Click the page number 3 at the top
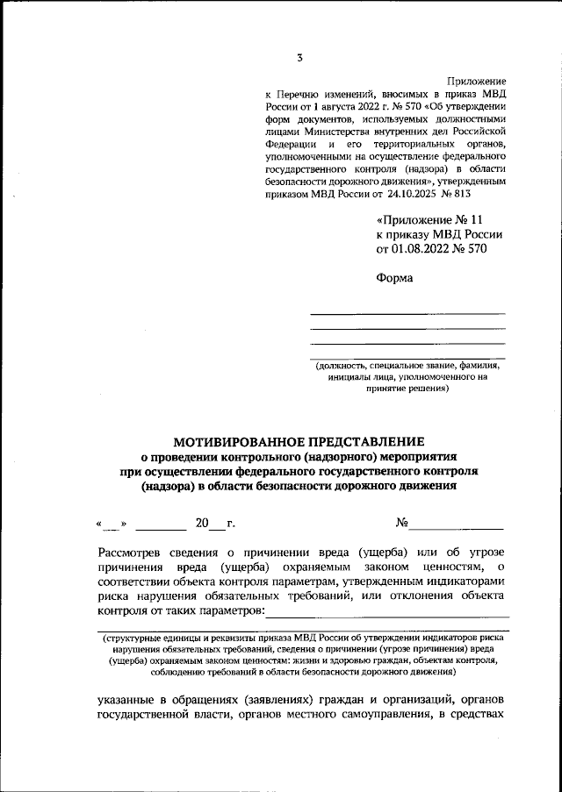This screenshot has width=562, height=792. [x=299, y=59]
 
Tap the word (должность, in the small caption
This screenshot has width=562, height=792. [x=347, y=364]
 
